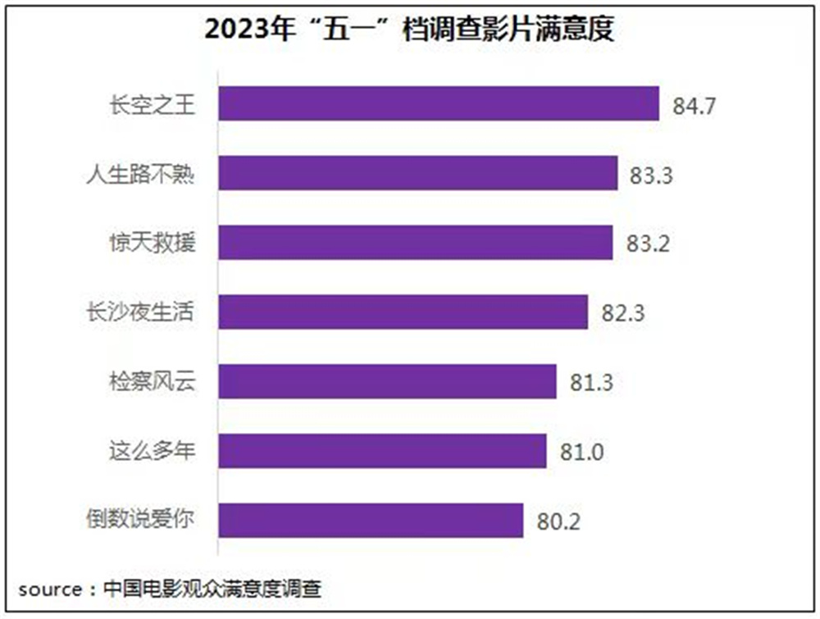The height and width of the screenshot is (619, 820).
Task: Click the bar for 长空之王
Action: (x=439, y=104)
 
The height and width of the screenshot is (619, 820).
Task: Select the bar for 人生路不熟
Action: (x=418, y=173)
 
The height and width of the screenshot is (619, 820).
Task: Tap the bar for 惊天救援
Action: (x=416, y=243)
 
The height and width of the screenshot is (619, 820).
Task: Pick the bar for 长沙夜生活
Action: (x=403, y=312)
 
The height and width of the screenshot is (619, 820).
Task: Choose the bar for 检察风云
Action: (x=388, y=381)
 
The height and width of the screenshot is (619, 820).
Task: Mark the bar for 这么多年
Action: (x=382, y=451)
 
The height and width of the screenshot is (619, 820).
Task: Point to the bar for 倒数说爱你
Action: (x=371, y=520)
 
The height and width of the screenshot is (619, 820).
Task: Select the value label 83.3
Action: (x=652, y=175)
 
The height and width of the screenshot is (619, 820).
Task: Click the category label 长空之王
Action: (x=153, y=105)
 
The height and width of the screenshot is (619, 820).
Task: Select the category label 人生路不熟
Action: (x=141, y=174)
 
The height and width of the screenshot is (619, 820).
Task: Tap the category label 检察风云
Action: (x=153, y=381)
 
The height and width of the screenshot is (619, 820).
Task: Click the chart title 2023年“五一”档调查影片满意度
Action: (x=409, y=31)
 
